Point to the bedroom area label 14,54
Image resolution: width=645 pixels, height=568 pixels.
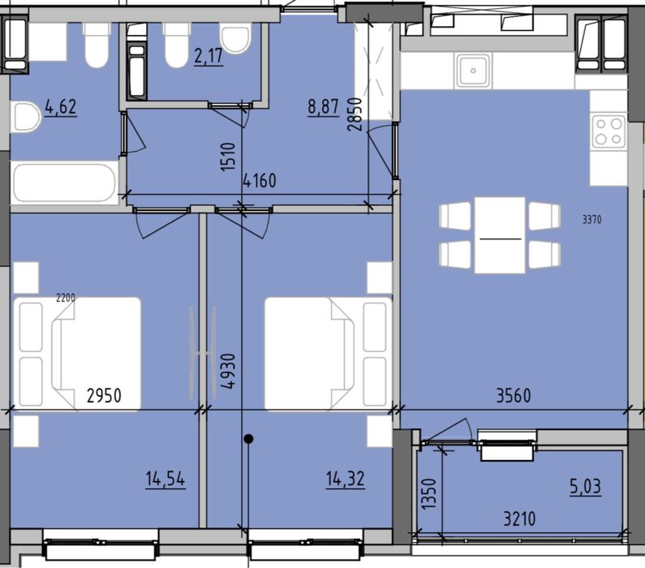tap(166, 479)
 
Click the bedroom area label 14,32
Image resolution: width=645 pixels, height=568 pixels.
tap(345, 479)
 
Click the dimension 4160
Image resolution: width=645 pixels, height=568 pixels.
tap(260, 180)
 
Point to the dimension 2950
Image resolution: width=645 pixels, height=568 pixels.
tap(104, 396)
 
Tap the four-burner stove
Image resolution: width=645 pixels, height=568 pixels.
tap(608, 131)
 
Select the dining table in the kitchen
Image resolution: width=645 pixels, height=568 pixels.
tap(500, 235)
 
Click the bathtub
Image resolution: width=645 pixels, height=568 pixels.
tap(65, 183)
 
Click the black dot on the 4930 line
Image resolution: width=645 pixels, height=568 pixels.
tap(249, 439)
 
